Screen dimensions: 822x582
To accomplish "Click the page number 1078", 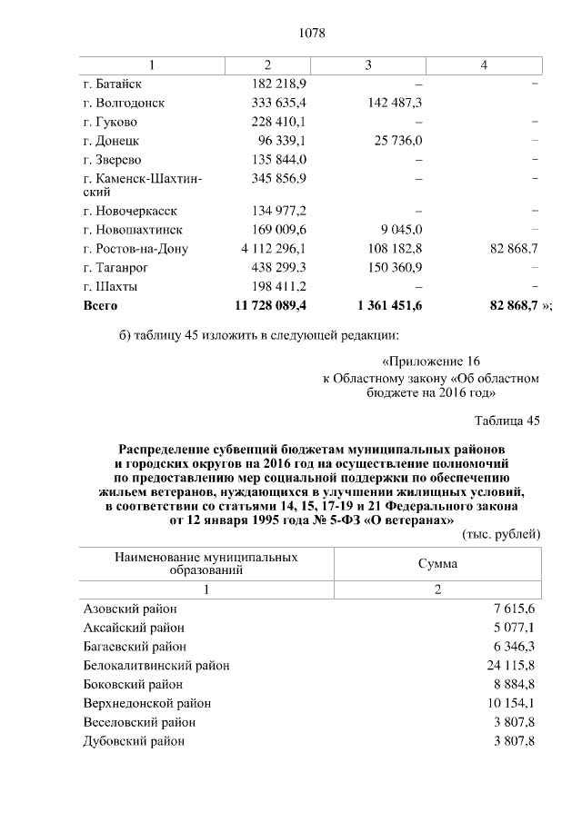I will [312, 34].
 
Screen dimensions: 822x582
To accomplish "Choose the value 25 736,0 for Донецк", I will [395, 140].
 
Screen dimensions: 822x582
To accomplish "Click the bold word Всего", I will [100, 306].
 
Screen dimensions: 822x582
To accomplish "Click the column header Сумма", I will [436, 563].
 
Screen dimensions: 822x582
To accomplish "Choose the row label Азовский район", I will [130, 609].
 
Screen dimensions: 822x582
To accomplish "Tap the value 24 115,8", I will [508, 665].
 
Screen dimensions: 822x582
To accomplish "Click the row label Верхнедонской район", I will [146, 703].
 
